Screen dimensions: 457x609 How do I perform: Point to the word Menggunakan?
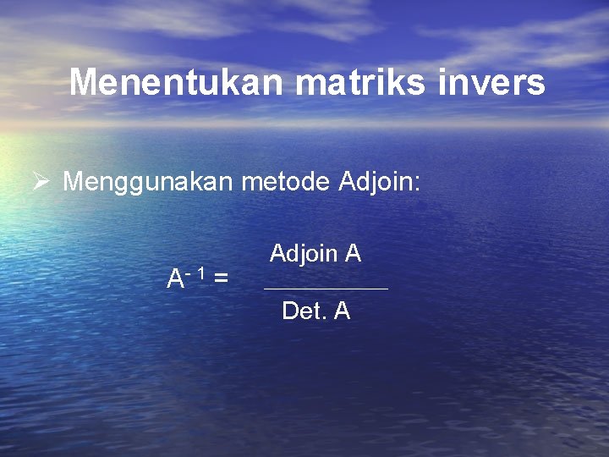150,182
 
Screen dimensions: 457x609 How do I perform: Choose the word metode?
287,180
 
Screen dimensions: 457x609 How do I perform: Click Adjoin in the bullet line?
374,181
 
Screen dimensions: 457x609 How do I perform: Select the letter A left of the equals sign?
175,278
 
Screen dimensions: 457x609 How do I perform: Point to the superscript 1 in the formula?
204,273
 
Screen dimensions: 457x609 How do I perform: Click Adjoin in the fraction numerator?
303,253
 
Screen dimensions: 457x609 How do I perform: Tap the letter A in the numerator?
353,252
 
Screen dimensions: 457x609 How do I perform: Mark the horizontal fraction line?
326,289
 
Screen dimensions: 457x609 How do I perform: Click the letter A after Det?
342,311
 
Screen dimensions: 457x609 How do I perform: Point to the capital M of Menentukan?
84,82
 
